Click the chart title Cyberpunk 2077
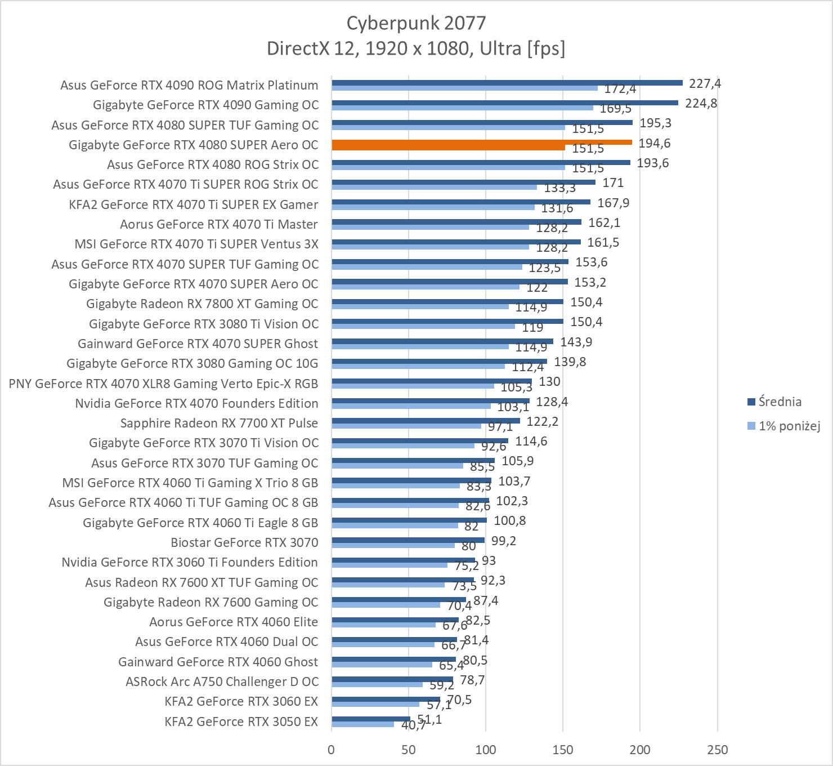pos(415,23)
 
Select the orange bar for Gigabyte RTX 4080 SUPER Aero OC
pos(482,142)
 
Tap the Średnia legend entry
pos(780,402)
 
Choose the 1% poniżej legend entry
pos(789,426)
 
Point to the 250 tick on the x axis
pos(717,750)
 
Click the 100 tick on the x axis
pos(486,750)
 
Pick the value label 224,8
pos(701,103)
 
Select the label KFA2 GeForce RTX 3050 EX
pos(241,722)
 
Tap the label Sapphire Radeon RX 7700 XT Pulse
pos(219,423)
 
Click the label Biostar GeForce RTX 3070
pos(244,542)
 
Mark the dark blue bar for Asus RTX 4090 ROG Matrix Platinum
pos(507,82)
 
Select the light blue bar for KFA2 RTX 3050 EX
pos(362,724)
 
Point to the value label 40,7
pos(414,725)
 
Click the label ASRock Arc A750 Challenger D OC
pos(222,682)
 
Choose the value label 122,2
pos(542,421)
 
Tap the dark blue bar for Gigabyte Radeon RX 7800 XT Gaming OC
pos(447,301)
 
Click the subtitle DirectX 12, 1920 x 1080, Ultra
pos(415,48)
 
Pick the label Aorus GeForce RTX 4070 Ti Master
pos(219,224)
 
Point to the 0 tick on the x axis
pos(332,750)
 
